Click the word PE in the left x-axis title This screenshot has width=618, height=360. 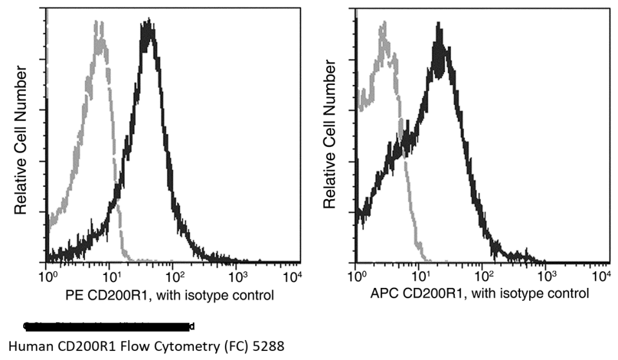[74, 295]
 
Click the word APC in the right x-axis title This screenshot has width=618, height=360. [384, 295]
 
